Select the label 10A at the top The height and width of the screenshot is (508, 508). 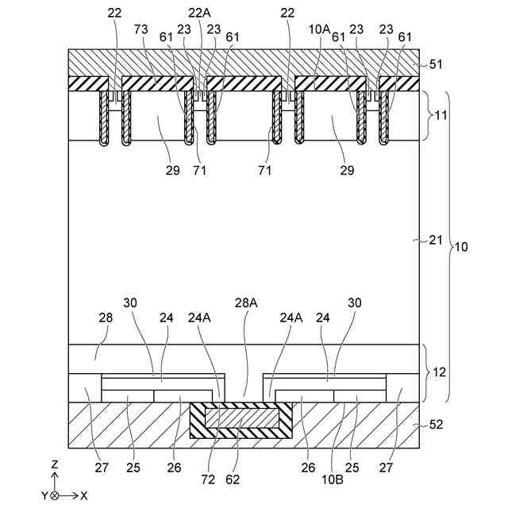[x=320, y=29]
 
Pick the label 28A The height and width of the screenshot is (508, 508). [x=246, y=302]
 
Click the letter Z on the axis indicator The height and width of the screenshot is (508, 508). [x=54, y=464]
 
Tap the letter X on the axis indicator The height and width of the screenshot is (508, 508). [x=84, y=495]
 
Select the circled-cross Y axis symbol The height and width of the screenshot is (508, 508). [x=54, y=495]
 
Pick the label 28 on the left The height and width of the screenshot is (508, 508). [x=106, y=317]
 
